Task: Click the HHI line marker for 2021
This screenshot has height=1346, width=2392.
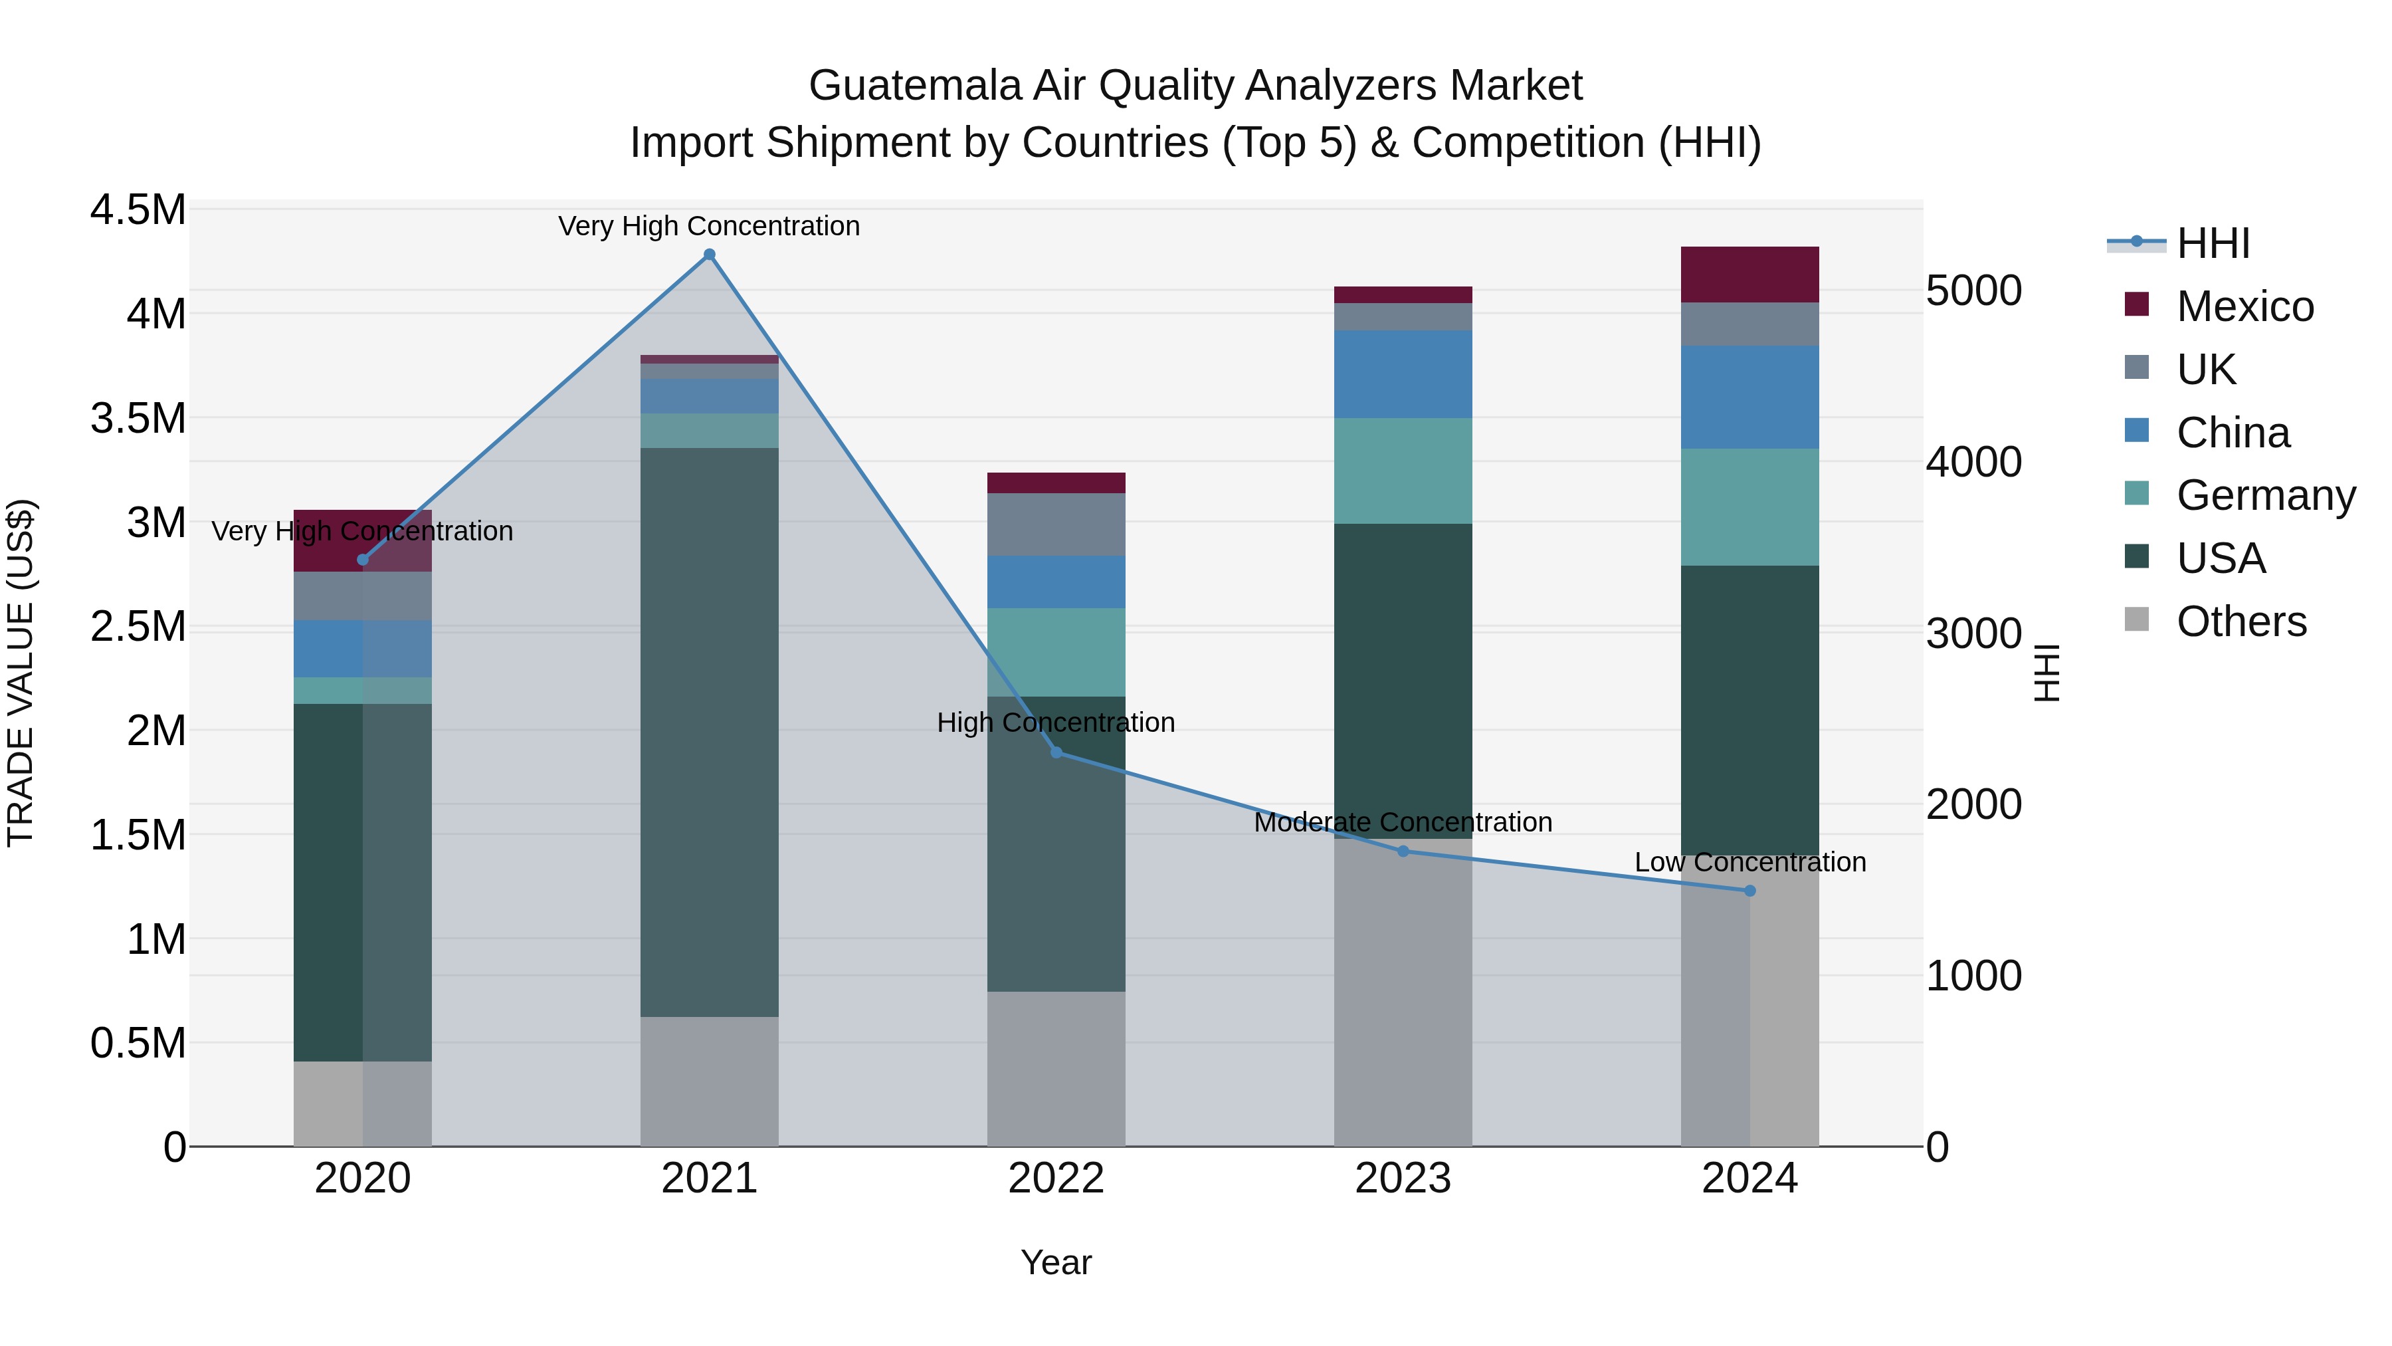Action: (x=710, y=255)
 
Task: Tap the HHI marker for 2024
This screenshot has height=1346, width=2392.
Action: (x=1749, y=891)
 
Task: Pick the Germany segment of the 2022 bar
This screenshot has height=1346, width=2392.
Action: (x=1056, y=652)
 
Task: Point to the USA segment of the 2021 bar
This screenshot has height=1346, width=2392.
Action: (x=710, y=732)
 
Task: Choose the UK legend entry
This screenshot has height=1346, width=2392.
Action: (x=2205, y=370)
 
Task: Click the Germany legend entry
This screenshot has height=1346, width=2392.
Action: (x=2265, y=495)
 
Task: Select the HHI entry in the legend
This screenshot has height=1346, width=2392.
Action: (x=2212, y=243)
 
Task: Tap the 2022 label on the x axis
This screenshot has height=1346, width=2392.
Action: (x=1056, y=1178)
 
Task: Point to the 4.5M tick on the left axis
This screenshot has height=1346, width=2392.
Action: (x=138, y=210)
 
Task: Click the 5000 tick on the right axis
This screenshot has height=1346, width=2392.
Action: (x=1973, y=290)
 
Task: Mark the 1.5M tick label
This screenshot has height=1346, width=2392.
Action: (x=138, y=835)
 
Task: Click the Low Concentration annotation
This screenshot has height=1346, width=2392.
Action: (x=1749, y=862)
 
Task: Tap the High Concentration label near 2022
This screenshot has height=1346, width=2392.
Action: (x=1056, y=723)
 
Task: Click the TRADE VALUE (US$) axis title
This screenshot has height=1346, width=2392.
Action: (x=21, y=673)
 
